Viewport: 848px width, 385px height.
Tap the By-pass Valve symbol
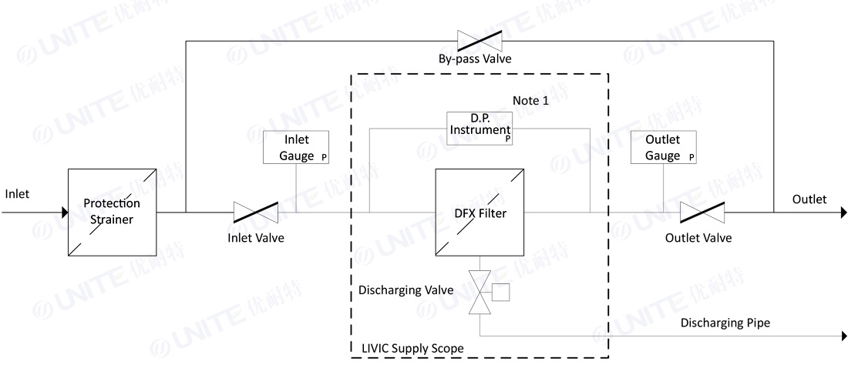point(480,41)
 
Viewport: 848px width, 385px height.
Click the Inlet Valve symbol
point(256,213)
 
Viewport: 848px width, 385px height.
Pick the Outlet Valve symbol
point(702,213)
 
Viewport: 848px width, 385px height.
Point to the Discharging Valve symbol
point(480,292)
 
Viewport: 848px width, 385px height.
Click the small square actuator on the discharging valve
point(501,292)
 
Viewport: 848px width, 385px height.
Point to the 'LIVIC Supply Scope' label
point(412,348)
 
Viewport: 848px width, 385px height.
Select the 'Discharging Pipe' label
point(725,323)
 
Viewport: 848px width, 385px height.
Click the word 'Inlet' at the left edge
point(17,193)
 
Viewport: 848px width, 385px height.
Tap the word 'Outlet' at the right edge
point(809,199)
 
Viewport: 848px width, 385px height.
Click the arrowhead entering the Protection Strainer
point(65,213)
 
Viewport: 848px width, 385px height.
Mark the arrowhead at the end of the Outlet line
point(844,213)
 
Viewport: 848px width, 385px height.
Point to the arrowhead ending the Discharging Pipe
point(844,336)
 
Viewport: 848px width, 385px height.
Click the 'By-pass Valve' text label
point(475,59)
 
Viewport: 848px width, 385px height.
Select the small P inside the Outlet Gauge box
point(692,158)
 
